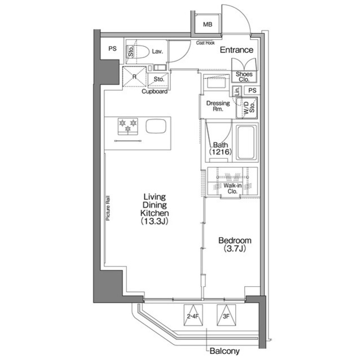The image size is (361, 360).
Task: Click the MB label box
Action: coord(208,24)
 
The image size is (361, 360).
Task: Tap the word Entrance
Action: coord(236,50)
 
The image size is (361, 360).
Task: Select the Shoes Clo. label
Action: coord(244,77)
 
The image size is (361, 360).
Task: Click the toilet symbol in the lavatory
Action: coord(142,52)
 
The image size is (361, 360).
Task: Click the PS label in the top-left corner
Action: coord(112,48)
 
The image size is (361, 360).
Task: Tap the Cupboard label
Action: coord(154,91)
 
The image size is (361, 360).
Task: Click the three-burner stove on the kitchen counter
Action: coord(127,126)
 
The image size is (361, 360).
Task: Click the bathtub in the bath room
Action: coord(246,142)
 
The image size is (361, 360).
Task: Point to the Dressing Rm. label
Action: coord(218,106)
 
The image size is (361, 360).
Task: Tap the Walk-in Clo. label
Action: coord(231,188)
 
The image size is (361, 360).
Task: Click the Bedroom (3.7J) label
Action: coord(235,244)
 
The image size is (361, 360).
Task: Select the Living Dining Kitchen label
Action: coord(153,209)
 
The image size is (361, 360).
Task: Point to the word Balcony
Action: coord(225,351)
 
